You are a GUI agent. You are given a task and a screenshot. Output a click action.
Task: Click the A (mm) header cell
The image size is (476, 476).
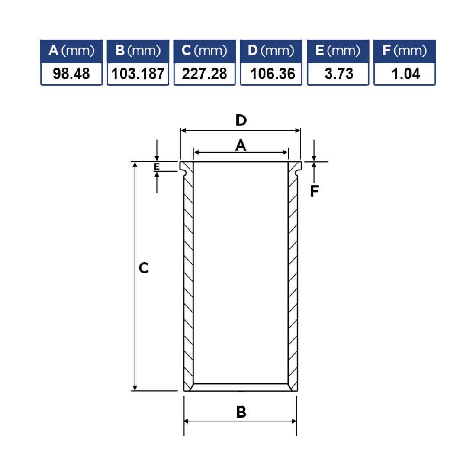[x=71, y=51]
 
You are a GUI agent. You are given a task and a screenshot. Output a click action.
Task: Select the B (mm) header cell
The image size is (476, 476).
[x=138, y=51]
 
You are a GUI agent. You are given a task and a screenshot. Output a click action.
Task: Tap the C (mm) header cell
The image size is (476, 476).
[x=204, y=51]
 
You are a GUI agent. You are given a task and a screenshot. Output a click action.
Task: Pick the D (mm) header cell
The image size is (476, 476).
[x=271, y=51]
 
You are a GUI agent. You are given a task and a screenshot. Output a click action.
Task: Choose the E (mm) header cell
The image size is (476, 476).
[x=338, y=51]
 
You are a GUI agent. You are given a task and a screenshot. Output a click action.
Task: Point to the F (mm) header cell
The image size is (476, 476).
[x=405, y=51]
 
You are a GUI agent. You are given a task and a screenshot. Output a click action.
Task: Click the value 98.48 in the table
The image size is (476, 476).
[x=71, y=74]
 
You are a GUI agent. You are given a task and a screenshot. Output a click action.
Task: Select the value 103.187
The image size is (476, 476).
[x=138, y=74]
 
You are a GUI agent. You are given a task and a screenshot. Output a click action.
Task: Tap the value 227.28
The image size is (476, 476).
[x=204, y=74]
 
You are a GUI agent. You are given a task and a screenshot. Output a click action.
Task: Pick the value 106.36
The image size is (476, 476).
[x=272, y=74]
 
